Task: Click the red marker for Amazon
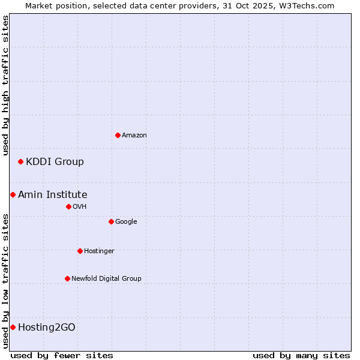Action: click(x=118, y=135)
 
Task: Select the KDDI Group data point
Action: click(x=20, y=161)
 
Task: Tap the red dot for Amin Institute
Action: click(x=13, y=194)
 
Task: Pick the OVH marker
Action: click(x=68, y=206)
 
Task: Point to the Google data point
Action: click(x=111, y=221)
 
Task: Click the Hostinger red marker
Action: click(x=80, y=251)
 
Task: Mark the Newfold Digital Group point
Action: click(x=67, y=278)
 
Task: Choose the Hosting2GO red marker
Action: click(x=13, y=327)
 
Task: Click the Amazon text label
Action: click(x=134, y=136)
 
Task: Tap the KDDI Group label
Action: click(x=55, y=161)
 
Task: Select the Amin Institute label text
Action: click(x=53, y=194)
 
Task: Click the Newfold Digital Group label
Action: click(x=106, y=278)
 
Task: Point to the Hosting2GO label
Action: click(x=47, y=327)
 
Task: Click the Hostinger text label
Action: click(x=99, y=251)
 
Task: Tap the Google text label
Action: click(x=126, y=221)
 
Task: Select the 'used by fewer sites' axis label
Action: click(x=62, y=355)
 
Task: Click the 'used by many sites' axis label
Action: click(x=301, y=355)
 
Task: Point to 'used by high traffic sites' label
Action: click(x=5, y=85)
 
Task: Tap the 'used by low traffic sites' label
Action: click(x=5, y=280)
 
